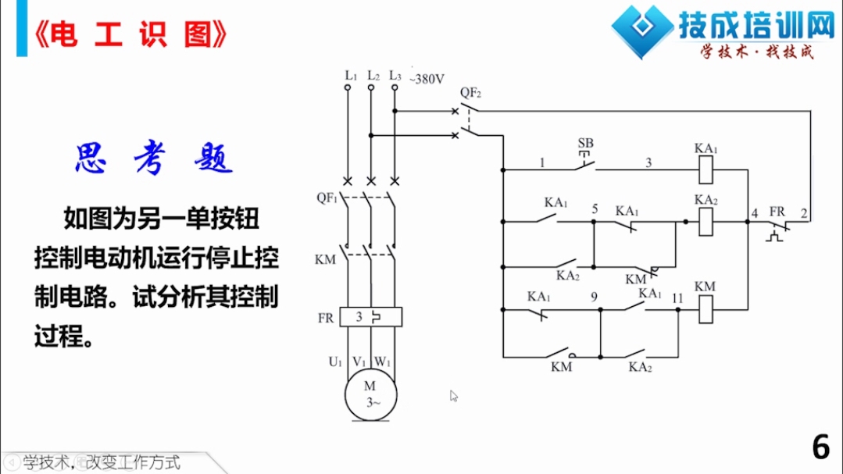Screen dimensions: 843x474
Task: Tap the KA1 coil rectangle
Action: (x=705, y=169)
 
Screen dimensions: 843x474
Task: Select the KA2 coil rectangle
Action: (x=705, y=222)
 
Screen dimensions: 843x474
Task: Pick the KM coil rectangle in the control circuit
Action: (x=705, y=309)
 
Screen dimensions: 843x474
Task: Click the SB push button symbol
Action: (x=585, y=161)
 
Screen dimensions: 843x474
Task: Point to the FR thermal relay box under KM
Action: (x=371, y=317)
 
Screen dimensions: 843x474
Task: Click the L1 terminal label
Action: (x=351, y=76)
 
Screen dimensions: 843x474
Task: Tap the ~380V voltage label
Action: (x=427, y=80)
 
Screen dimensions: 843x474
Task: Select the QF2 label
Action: (x=470, y=93)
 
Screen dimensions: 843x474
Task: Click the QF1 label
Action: (x=327, y=198)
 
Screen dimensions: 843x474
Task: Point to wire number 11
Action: (x=677, y=298)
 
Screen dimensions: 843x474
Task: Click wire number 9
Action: (x=594, y=298)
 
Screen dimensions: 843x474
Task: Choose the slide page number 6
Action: (x=821, y=447)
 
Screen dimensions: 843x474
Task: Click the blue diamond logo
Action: (x=642, y=30)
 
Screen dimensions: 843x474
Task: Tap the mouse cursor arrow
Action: (x=454, y=396)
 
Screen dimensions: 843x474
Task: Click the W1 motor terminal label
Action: (x=382, y=362)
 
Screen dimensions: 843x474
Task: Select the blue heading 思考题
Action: (x=154, y=159)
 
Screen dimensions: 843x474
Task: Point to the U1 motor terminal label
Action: (x=335, y=362)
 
